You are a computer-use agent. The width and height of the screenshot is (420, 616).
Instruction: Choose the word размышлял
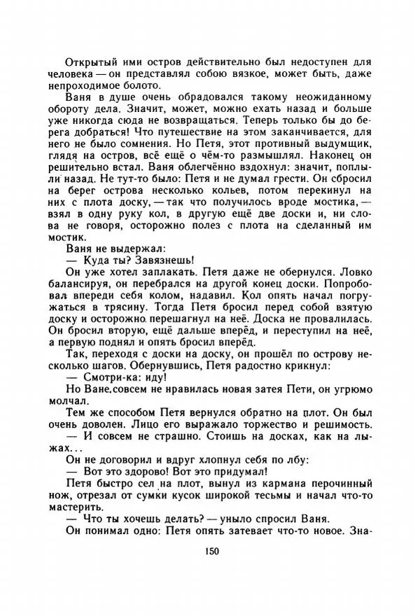coord(272,161)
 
